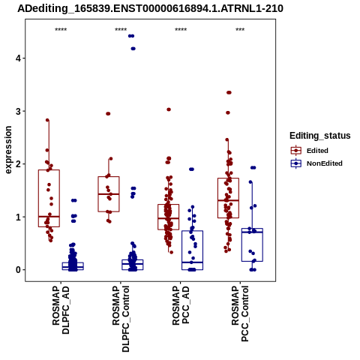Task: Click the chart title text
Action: coord(150,8)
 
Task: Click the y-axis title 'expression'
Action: coord(8,150)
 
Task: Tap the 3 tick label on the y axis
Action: coord(18,111)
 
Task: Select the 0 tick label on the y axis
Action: coord(18,270)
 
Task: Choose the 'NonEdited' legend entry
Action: coord(316,163)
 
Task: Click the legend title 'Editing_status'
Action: coord(320,136)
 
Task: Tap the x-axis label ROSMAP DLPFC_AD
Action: coord(61,310)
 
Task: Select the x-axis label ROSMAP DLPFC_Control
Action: coord(121,319)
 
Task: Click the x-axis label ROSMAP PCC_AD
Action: coord(181,305)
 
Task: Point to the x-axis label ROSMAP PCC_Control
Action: coord(240,313)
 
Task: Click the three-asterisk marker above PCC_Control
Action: coord(240,30)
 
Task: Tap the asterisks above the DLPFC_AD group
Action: coord(61,30)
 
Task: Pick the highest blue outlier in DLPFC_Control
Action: coord(131,36)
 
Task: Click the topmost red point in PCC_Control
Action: coord(229,92)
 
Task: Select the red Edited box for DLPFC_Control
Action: coord(109,194)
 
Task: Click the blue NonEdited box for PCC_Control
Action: coord(252,245)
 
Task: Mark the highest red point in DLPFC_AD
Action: coord(47,120)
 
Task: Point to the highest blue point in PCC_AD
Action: coord(191,169)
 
